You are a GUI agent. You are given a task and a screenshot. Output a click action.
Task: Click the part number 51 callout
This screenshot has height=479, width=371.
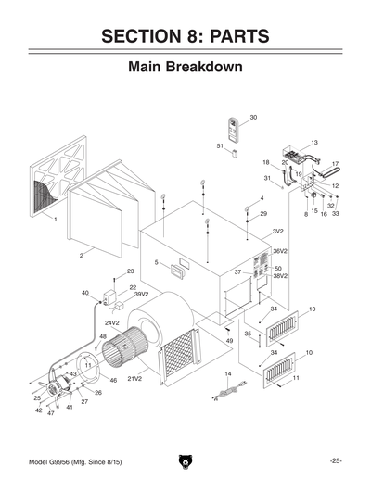pyautogui.click(x=221, y=146)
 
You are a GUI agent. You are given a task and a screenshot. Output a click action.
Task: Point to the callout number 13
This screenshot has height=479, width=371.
pyautogui.click(x=314, y=143)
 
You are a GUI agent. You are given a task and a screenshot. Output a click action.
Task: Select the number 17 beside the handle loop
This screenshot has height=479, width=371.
pyautogui.click(x=335, y=165)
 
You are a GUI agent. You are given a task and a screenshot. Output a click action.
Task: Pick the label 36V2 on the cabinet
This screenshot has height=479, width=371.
pyautogui.click(x=280, y=251)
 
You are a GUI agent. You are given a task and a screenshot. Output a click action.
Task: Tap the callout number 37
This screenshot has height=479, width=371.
pyautogui.click(x=237, y=272)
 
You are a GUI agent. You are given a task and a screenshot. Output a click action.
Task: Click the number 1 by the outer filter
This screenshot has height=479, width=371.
pyautogui.click(x=57, y=220)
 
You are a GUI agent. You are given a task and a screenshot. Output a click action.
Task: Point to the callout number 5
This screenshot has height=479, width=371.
pyautogui.click(x=157, y=263)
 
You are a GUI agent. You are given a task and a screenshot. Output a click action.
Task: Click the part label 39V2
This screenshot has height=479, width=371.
pyautogui.click(x=141, y=295)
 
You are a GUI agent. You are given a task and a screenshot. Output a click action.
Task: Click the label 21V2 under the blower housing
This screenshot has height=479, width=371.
pyautogui.click(x=134, y=379)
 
